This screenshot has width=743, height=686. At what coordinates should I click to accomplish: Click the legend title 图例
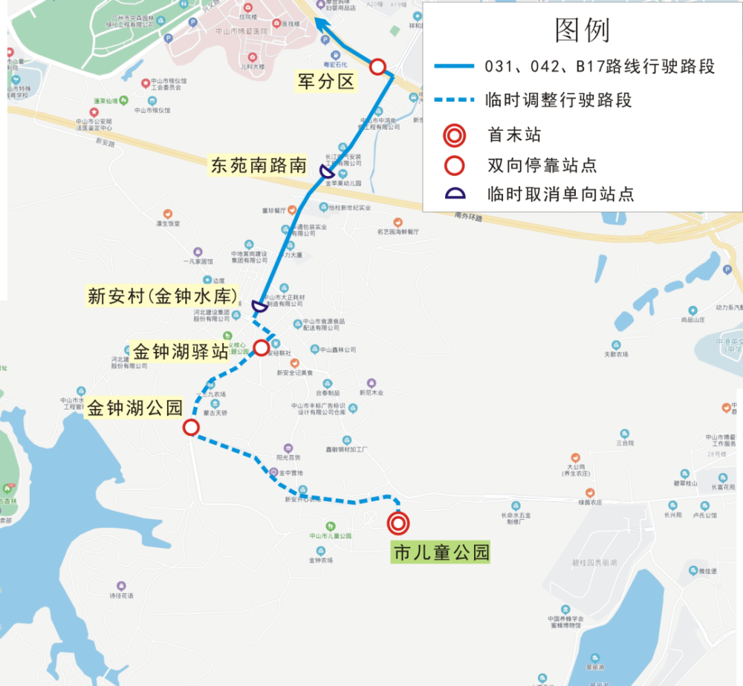click(583, 30)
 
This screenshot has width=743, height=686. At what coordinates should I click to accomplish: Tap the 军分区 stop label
click(326, 82)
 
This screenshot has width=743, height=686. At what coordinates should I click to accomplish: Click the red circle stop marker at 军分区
click(377, 67)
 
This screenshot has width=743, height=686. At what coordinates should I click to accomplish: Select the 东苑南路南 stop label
click(259, 165)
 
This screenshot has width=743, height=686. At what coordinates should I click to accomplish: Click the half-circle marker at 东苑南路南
click(325, 172)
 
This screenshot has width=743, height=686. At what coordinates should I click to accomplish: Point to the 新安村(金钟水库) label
click(163, 296)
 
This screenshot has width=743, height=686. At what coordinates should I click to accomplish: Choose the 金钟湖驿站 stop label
click(180, 350)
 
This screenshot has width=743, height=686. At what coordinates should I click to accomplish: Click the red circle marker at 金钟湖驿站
click(262, 347)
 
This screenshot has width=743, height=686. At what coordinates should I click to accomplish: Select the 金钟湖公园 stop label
click(134, 408)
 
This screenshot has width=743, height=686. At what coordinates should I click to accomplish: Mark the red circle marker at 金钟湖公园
click(191, 427)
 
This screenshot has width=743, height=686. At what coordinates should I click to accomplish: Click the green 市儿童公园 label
click(441, 552)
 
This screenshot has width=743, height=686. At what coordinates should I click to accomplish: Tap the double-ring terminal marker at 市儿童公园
click(398, 523)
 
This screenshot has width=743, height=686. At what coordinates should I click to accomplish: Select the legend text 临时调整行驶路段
click(557, 100)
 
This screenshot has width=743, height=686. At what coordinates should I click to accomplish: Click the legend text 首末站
click(514, 135)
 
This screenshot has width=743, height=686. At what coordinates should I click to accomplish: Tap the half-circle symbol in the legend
click(455, 194)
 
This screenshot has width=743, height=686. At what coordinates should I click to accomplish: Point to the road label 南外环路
click(468, 218)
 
